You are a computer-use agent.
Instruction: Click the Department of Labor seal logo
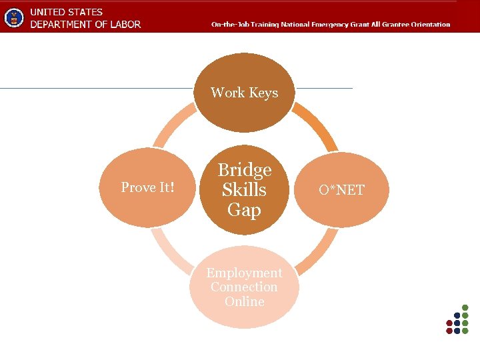(x=13, y=17)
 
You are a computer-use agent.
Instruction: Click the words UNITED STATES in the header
(x=66, y=12)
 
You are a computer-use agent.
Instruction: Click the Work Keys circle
(x=244, y=93)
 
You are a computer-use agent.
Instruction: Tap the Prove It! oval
(x=148, y=188)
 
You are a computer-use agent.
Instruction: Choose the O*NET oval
(x=341, y=190)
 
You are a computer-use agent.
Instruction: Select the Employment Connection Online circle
(x=244, y=287)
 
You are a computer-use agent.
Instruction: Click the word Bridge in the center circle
(x=245, y=170)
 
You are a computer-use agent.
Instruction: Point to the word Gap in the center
(x=244, y=210)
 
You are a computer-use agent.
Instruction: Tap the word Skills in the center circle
(x=244, y=190)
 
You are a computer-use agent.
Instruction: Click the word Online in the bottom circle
(x=244, y=301)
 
